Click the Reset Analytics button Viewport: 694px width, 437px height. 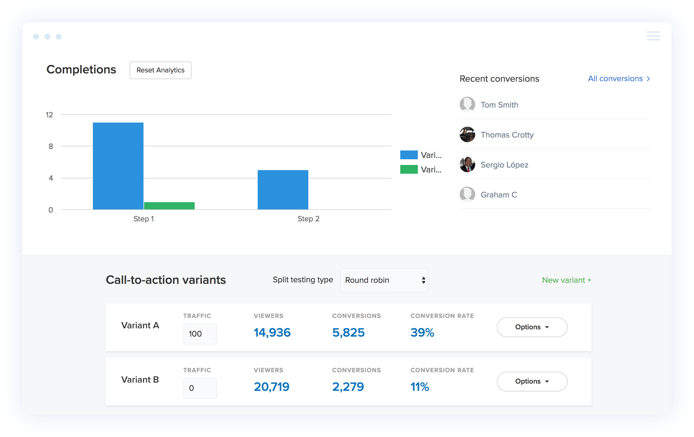[x=160, y=70]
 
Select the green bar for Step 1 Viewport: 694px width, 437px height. [x=169, y=206]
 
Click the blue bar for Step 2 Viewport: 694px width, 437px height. [x=283, y=190]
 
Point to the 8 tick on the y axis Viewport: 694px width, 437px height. [x=51, y=146]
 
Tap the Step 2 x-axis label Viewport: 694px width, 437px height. [x=308, y=219]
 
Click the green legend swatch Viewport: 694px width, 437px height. [x=409, y=169]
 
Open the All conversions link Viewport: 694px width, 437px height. [x=618, y=79]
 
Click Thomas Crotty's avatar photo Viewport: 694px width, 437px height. [x=467, y=135]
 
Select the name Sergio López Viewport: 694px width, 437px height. [x=504, y=165]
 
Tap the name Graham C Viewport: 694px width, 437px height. [x=499, y=195]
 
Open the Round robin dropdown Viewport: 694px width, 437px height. [x=384, y=280]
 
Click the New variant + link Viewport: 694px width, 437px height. [x=566, y=280]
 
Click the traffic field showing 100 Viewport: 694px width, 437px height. [x=200, y=334]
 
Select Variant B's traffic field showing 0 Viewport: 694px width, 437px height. [x=200, y=388]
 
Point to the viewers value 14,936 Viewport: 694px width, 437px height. [x=272, y=333]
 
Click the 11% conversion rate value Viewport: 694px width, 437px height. [x=419, y=387]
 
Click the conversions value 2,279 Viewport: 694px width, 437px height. [x=348, y=387]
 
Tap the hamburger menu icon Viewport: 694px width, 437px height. [x=653, y=36]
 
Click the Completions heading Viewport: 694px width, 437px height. [x=81, y=70]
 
